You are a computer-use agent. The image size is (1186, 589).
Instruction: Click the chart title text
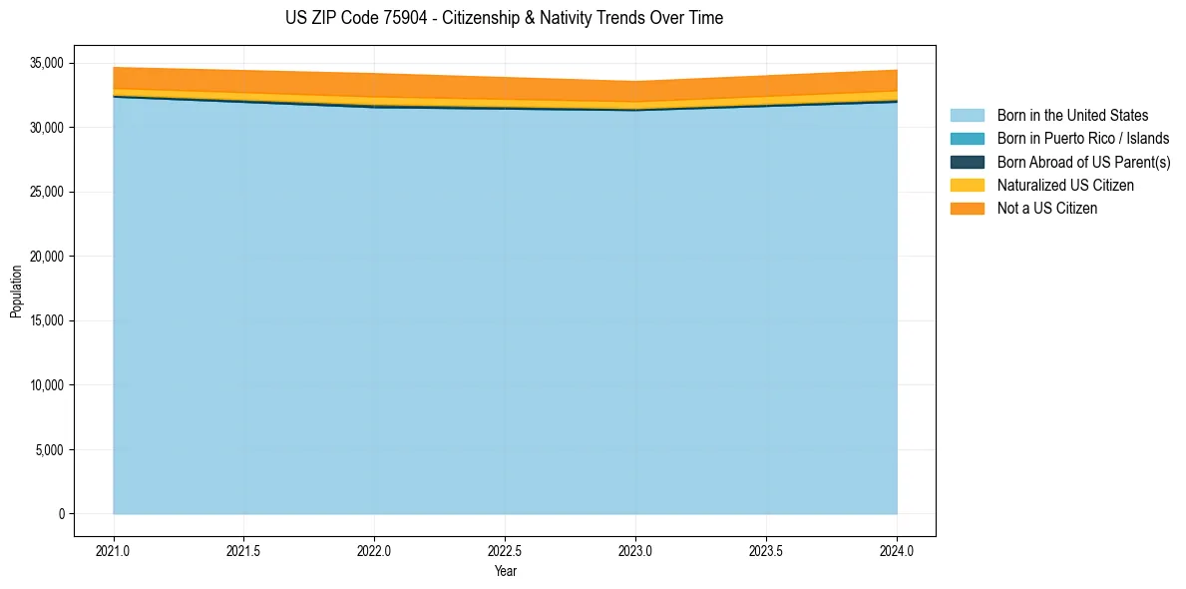point(504,18)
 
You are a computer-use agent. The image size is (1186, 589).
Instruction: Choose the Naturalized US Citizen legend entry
point(1065,186)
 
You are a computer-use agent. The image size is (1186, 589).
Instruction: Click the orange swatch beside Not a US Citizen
point(967,209)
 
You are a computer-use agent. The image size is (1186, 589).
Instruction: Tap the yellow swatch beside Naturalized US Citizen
point(967,186)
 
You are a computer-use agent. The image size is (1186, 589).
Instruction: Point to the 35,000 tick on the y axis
point(46,63)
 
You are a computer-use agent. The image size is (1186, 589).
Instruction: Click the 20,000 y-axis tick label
point(46,257)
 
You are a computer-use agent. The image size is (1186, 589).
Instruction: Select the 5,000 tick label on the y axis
point(49,450)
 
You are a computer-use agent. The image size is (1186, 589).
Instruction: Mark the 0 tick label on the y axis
point(61,514)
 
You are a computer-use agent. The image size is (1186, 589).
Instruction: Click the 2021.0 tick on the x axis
point(114,550)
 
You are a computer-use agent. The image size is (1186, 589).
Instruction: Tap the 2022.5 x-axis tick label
point(505,550)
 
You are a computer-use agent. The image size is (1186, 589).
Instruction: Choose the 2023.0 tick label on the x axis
point(635,550)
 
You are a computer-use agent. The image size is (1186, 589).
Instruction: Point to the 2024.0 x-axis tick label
point(897,550)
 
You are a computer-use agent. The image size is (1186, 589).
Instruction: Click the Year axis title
point(505,571)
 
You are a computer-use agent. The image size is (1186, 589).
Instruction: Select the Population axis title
point(16,292)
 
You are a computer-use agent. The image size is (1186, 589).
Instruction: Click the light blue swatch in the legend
point(967,116)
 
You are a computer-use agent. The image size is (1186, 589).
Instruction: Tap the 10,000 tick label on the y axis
point(46,385)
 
